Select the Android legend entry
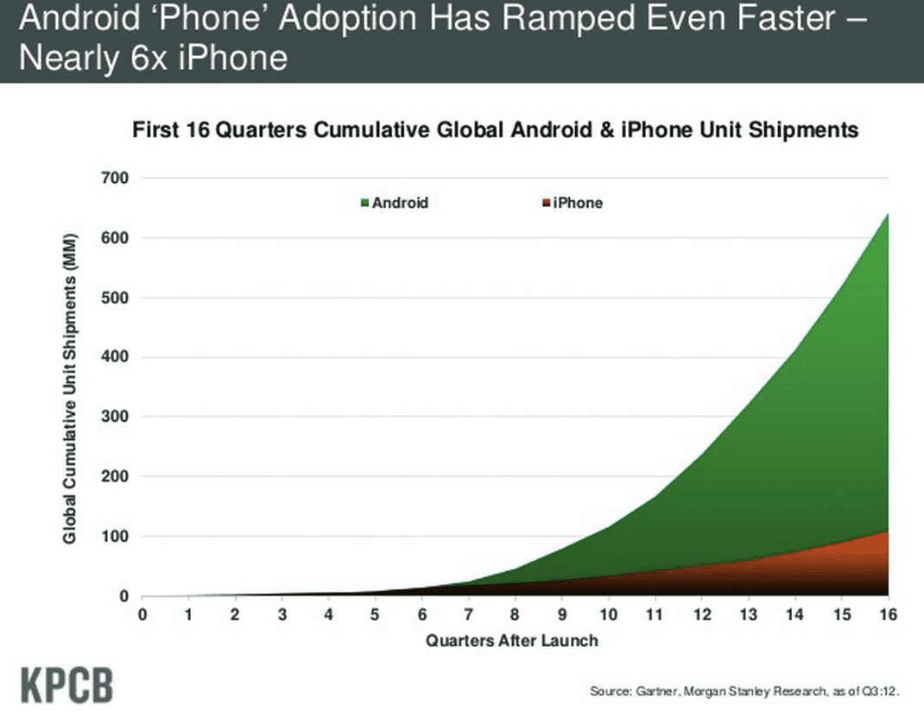(x=395, y=203)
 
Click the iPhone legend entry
(x=572, y=203)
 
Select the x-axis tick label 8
(x=515, y=615)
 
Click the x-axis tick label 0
(x=142, y=615)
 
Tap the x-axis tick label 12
(x=701, y=615)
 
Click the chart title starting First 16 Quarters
(x=495, y=130)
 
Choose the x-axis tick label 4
(x=328, y=615)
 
